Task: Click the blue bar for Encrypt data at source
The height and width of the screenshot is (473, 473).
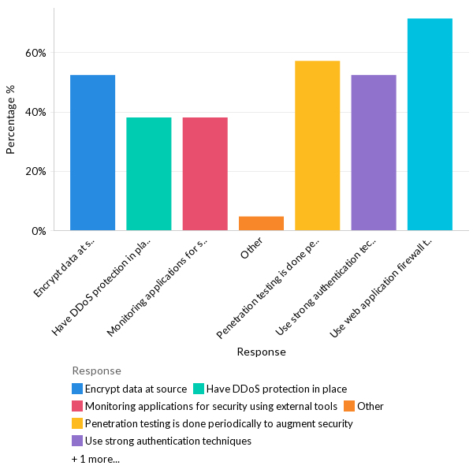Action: tap(92, 153)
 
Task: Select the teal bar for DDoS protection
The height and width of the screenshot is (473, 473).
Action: tap(148, 174)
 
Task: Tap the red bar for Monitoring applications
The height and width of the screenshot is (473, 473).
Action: tap(205, 174)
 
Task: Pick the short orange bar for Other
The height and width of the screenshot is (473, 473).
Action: tap(261, 223)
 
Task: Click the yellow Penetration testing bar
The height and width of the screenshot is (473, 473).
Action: tap(317, 146)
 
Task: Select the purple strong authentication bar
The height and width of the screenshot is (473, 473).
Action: tap(374, 153)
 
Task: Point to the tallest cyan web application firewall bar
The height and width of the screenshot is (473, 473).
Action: tap(430, 125)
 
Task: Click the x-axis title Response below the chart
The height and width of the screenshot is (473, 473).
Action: tap(261, 352)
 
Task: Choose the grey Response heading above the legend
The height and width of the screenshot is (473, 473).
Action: tap(96, 371)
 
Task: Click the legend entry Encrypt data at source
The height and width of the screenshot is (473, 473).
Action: tap(136, 389)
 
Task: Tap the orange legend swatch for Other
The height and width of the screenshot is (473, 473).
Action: tap(349, 406)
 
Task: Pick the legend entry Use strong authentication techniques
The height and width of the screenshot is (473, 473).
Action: tap(168, 441)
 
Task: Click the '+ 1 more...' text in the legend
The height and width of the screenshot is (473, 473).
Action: tap(95, 458)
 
